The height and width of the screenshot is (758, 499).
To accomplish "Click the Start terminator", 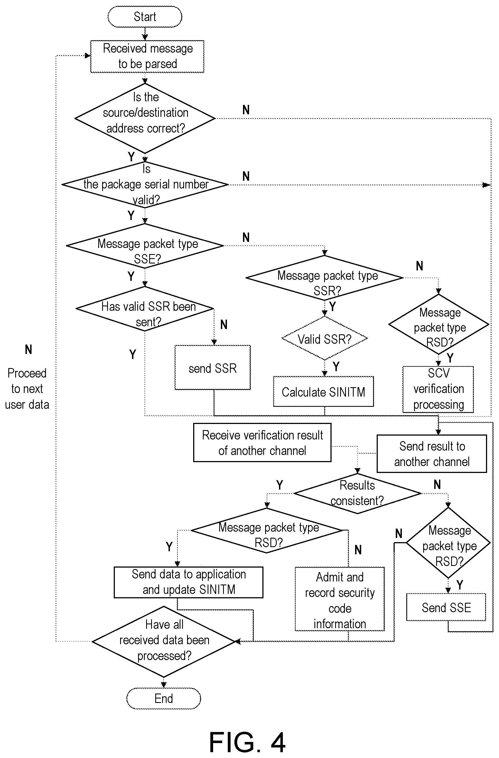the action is pos(145,17).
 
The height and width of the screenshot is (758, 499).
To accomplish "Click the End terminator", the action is pos(164,699).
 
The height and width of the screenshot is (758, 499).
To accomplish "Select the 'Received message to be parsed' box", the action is pos(147,56).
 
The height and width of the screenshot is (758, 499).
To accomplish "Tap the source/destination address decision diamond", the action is pos(145,118).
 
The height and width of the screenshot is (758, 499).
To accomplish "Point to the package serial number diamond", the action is pos(145,185).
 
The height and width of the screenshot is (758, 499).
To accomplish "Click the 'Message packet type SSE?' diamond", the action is pos(145,245).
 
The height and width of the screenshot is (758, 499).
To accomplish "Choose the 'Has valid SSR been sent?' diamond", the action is pos(145,309).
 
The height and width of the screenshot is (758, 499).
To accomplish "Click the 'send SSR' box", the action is pos(212,368).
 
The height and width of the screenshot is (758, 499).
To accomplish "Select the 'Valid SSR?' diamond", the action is pos(324,338).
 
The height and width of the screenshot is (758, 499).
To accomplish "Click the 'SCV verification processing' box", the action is pos(438,389).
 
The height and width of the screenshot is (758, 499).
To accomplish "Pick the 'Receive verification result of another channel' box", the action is pos(262,443).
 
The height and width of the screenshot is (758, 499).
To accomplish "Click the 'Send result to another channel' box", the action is pos(432,454).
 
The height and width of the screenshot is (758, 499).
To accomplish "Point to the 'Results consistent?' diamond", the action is pos(357,493).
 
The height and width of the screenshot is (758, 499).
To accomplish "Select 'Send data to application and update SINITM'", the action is pos(188,582).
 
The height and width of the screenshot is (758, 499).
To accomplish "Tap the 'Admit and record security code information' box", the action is pos(340,599).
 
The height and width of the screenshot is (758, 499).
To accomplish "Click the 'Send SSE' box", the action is pos(446,607).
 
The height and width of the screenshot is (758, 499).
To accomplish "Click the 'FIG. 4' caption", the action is pos(247,743).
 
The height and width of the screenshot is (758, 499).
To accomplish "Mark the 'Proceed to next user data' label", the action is pos(27,389).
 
